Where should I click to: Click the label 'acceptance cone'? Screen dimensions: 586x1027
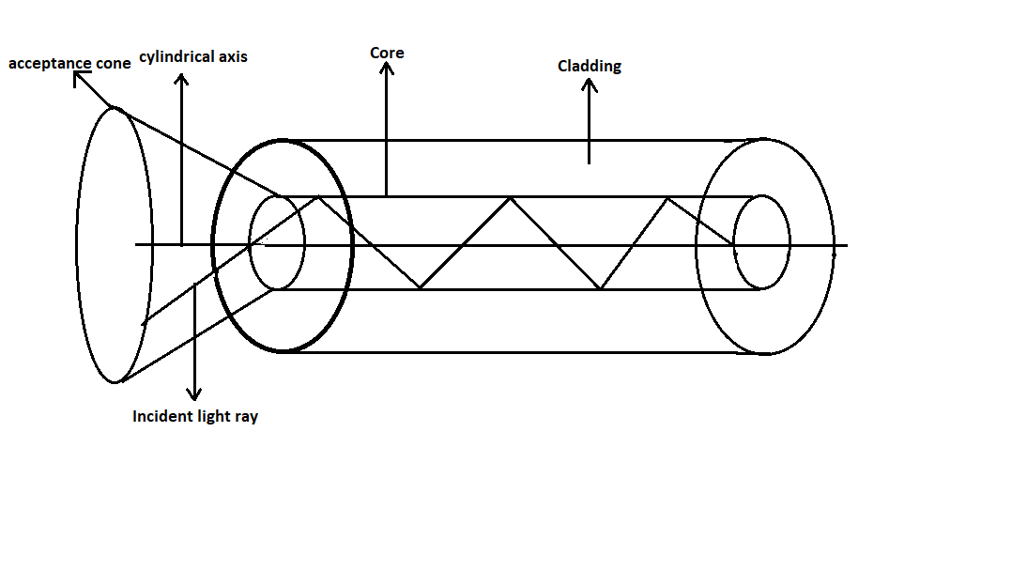69,64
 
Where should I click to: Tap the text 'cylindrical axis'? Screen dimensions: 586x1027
193,56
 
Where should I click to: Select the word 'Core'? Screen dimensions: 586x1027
387,53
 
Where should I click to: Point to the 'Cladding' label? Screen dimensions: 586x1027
590,66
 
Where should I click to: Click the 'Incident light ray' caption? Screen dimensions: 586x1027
195,416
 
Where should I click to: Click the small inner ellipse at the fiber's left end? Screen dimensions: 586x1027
277,243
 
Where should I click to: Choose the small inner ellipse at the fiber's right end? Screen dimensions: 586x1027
761,243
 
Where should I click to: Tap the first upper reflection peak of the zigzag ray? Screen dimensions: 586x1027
320,197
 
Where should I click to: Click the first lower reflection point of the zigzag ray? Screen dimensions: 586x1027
420,288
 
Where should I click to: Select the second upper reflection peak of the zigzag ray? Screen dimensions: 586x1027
510,197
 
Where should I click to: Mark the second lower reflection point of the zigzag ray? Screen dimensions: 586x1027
600,288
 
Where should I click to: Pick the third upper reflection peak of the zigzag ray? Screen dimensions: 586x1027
667,197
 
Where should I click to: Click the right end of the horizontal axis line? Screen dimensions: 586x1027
846,246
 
